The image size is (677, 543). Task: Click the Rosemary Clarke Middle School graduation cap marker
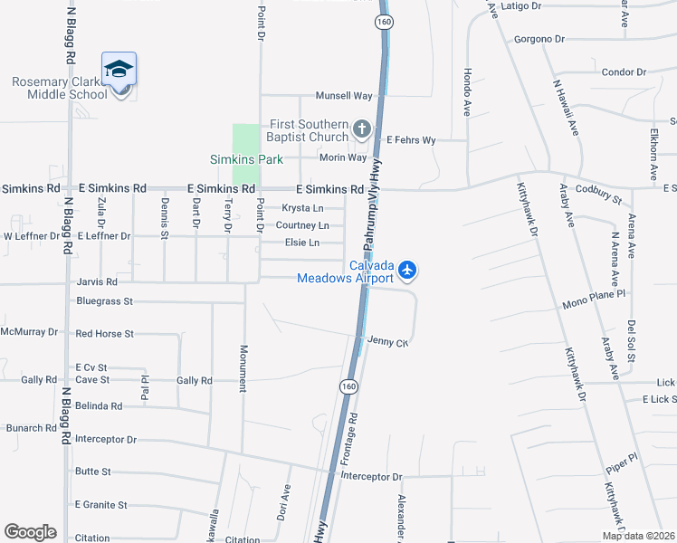click(119, 70)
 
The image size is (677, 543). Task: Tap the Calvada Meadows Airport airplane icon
click(408, 269)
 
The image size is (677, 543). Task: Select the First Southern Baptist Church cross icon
click(362, 129)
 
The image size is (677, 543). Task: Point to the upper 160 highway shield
click(383, 19)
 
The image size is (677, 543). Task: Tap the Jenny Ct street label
click(388, 342)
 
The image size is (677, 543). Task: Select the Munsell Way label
click(344, 95)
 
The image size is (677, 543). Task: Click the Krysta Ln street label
click(302, 208)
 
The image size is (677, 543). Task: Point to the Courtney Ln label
click(302, 225)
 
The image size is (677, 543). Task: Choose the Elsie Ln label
click(302, 243)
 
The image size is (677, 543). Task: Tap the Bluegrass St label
click(105, 300)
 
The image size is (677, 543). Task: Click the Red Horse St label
click(105, 334)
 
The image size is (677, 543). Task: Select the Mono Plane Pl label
click(594, 294)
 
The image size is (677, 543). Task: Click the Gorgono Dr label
click(539, 39)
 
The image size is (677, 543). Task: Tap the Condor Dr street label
click(624, 71)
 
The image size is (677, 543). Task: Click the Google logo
click(30, 532)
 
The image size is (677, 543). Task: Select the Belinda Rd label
click(99, 406)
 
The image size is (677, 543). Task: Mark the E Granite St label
click(101, 505)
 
